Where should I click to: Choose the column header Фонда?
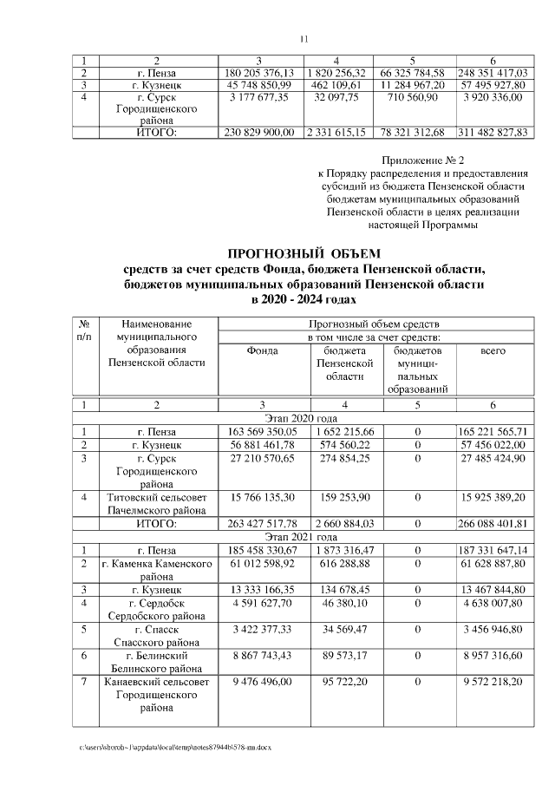(x=261, y=351)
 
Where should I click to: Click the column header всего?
(x=493, y=351)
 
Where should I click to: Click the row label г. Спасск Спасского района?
(x=157, y=635)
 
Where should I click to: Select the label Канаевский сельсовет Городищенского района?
(x=157, y=695)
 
